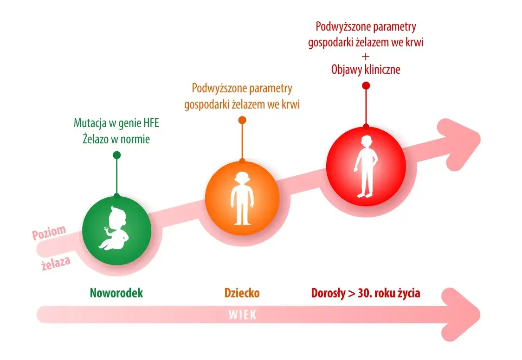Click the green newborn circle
point(116,230)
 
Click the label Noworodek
point(116,293)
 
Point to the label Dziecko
point(242,293)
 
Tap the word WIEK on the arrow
point(242,315)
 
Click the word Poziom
point(49,232)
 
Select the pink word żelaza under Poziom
point(55,263)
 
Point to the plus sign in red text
point(366,56)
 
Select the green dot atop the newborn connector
point(116,155)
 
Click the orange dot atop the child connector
point(242,120)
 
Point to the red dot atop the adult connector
point(366,85)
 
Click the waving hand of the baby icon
point(106,230)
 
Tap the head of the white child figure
point(242,179)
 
